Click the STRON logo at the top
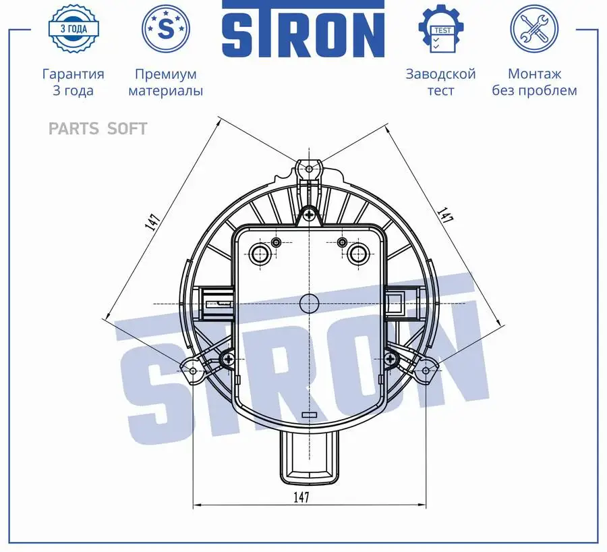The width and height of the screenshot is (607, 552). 303,32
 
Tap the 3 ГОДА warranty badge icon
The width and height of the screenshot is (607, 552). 73,29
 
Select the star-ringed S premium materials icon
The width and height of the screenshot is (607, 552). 165,29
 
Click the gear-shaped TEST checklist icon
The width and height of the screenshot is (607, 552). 441,29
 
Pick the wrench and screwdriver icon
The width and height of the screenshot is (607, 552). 533,29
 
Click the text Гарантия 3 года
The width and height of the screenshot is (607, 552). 73,82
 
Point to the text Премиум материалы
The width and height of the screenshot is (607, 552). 165,82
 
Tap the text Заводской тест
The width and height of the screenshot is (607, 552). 440,82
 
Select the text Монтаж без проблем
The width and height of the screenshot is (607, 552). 534,82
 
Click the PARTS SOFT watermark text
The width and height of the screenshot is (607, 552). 98,128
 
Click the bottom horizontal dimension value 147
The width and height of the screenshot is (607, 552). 301,497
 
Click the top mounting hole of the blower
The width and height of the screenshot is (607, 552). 309,167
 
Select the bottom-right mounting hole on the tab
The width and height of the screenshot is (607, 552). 426,370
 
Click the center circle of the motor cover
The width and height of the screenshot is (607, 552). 309,303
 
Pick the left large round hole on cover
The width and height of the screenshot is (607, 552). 260,254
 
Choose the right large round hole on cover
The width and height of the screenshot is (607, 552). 357,254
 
